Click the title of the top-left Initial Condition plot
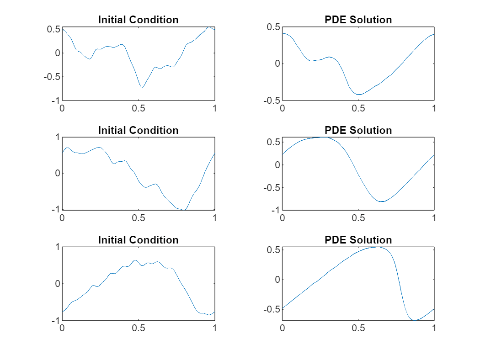click(138, 20)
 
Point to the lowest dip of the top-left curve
click(142, 87)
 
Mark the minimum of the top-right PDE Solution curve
click(359, 95)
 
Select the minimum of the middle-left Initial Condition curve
click(184, 210)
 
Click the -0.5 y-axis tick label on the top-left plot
click(50, 77)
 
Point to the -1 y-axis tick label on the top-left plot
click(53, 101)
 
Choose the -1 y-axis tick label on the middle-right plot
click(274, 211)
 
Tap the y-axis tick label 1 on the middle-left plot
click(57, 137)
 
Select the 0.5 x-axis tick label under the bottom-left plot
click(139, 328)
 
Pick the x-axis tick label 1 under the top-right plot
click(434, 108)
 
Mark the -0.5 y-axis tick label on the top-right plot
click(271, 101)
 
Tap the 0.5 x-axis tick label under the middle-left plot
click(139, 218)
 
